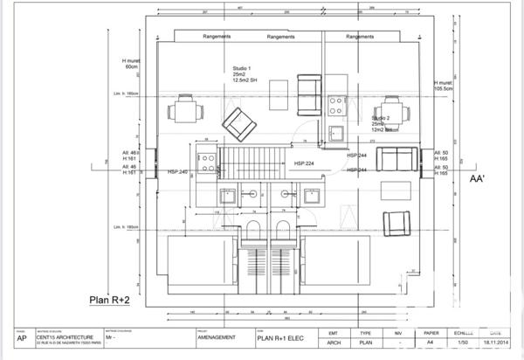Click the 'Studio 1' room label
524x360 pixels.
coord(242,68)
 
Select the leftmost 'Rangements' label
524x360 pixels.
coord(215,37)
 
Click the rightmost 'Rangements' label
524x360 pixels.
coord(360,37)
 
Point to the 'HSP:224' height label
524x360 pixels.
coord(305,163)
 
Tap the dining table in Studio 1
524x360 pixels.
coord(184,109)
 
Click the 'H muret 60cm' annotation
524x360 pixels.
coord(132,64)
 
